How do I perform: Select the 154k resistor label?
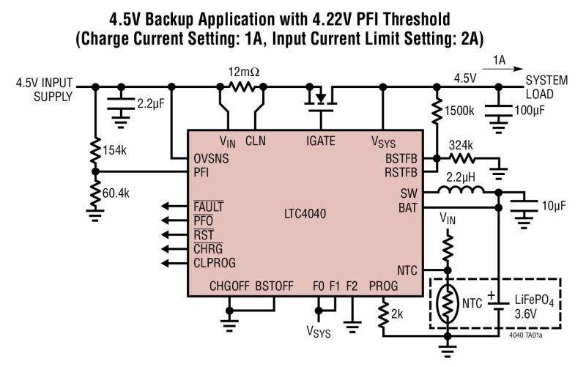pyautogui.click(x=116, y=150)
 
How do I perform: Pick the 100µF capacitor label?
pyautogui.click(x=531, y=111)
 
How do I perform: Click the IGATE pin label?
pyautogui.click(x=319, y=140)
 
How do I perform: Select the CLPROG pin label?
pyautogui.click(x=215, y=262)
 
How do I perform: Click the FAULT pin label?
pyautogui.click(x=209, y=207)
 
